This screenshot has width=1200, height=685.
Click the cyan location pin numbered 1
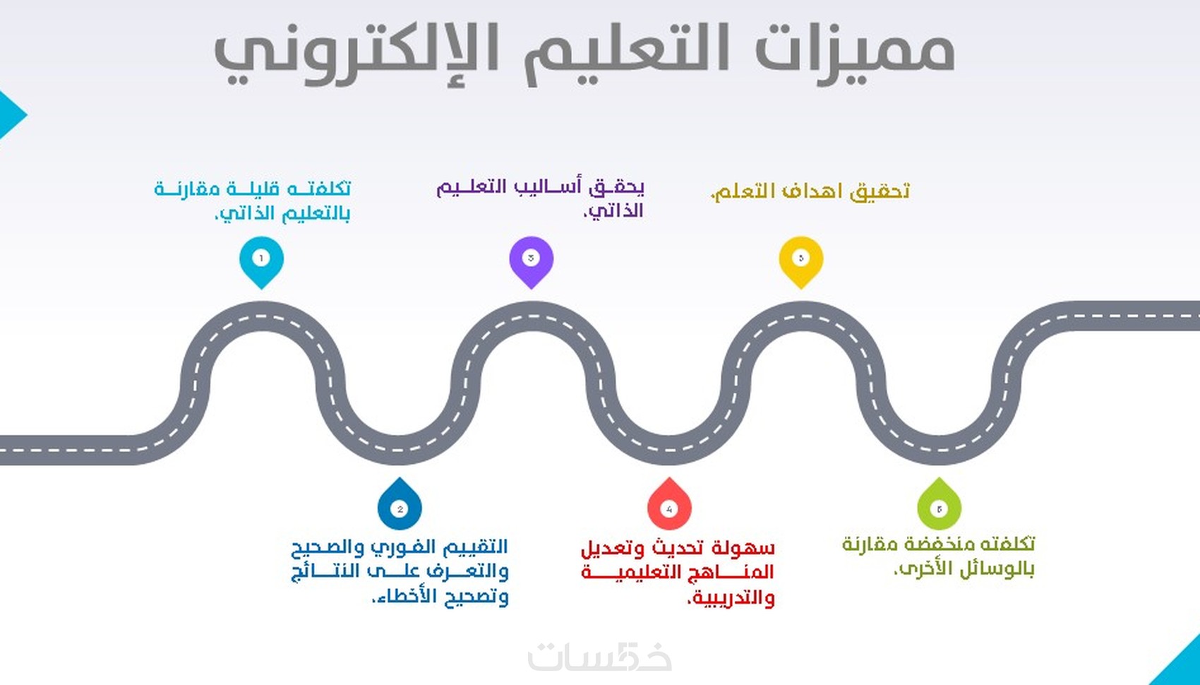click(x=261, y=260)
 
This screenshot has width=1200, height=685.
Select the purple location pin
click(x=531, y=260)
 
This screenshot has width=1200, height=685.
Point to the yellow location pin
click(x=800, y=260)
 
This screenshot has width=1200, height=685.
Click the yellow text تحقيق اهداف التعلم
click(x=810, y=191)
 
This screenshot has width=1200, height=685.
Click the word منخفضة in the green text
click(x=932, y=544)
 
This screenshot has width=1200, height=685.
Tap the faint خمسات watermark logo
click(x=599, y=657)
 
